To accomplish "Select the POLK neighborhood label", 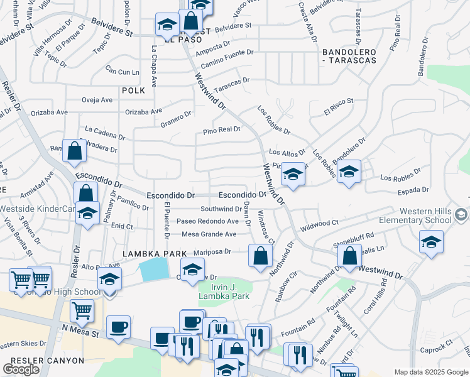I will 133,90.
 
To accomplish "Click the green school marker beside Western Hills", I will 461,216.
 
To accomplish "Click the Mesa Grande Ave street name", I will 209,234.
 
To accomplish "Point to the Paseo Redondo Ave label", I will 207,221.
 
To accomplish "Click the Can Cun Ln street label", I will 122,72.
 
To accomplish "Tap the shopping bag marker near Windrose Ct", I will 260,255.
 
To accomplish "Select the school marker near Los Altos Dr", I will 293,173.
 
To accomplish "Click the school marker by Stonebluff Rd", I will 432,242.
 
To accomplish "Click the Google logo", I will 21,369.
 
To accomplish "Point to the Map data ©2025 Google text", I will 431,372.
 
